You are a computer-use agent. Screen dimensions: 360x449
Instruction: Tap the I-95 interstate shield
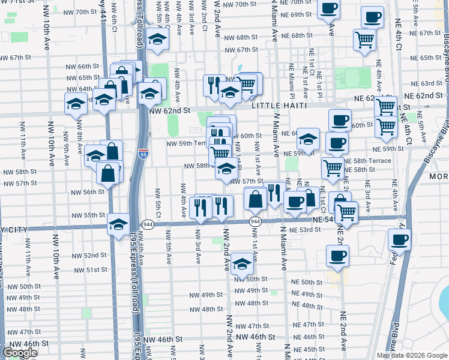pyautogui.click(x=143, y=154)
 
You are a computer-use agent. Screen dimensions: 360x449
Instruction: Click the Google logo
pyautogui.click(x=20, y=353)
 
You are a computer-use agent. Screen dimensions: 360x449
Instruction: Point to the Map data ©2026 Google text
pyautogui.click(x=412, y=355)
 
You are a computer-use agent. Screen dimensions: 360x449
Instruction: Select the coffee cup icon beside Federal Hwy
pyautogui.click(x=400, y=240)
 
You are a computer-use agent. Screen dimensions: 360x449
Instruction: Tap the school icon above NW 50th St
pyautogui.click(x=242, y=264)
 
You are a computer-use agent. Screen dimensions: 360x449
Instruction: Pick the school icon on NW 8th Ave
pyautogui.click(x=76, y=103)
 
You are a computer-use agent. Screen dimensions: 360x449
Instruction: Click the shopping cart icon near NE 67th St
pyautogui.click(x=364, y=40)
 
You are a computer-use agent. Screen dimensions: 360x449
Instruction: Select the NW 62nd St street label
pyautogui.click(x=169, y=110)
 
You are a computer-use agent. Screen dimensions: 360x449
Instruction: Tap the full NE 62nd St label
pyautogui.click(x=427, y=96)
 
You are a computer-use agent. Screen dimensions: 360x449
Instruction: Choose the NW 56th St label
pyautogui.click(x=88, y=192)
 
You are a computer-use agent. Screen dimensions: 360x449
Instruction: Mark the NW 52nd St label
pyautogui.click(x=91, y=255)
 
